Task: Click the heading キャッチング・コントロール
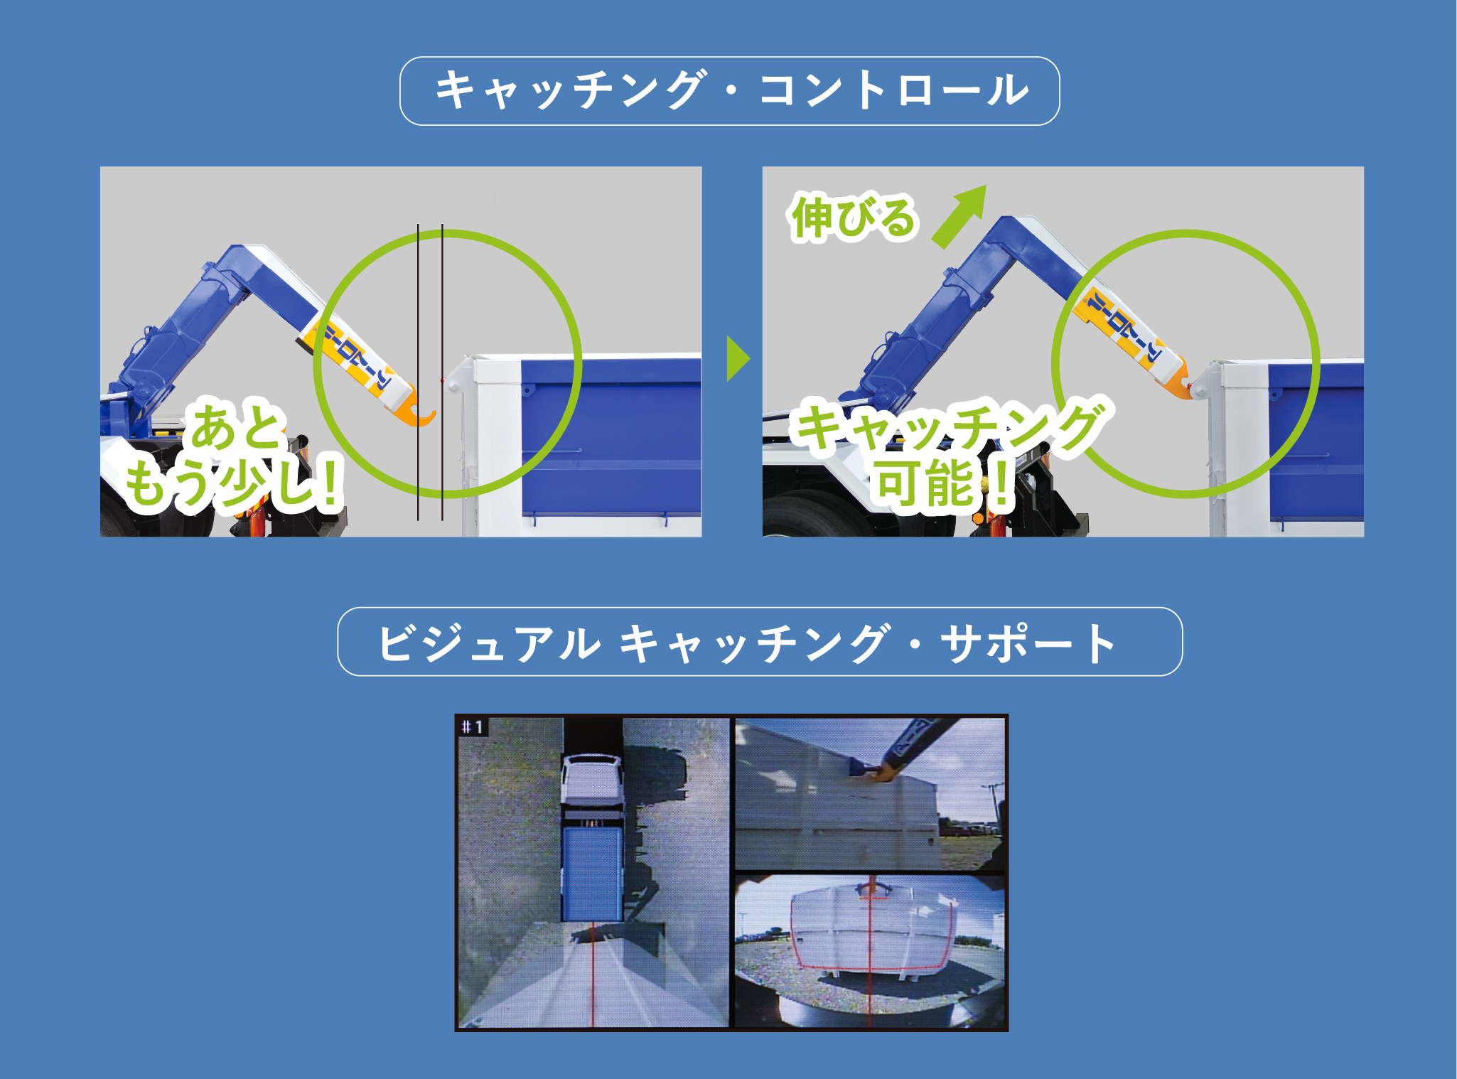click(x=730, y=91)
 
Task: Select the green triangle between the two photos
click(x=738, y=359)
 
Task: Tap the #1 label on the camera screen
click(x=472, y=727)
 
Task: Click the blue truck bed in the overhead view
click(x=591, y=874)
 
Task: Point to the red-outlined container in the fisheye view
click(x=871, y=928)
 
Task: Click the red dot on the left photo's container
click(x=442, y=381)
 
